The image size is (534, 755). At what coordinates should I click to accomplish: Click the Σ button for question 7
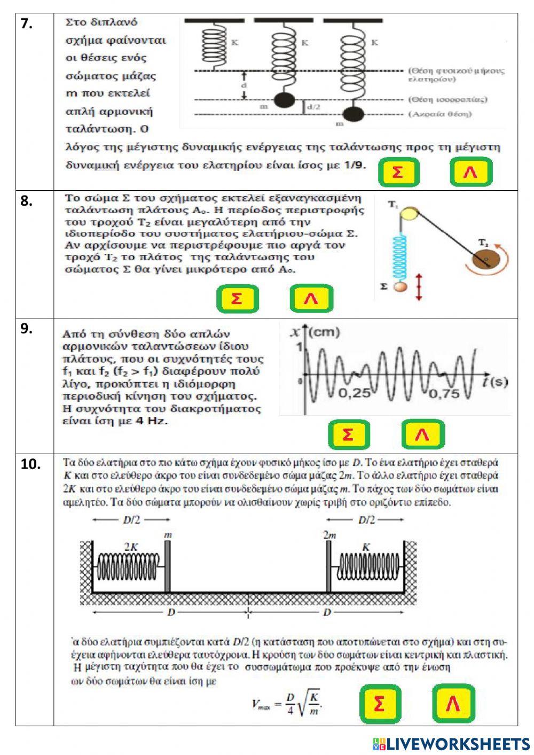click(x=398, y=172)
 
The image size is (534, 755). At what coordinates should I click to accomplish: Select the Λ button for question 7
click(x=470, y=172)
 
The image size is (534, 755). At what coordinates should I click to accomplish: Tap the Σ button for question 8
click(x=237, y=298)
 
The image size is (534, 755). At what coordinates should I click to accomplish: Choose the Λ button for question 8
click(x=311, y=298)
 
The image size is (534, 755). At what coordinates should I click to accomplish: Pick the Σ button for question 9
click(x=348, y=434)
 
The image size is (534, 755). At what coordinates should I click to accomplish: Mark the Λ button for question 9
click(x=422, y=434)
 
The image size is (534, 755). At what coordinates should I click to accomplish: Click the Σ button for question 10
click(x=380, y=704)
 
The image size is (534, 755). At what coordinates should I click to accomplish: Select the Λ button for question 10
click(x=453, y=704)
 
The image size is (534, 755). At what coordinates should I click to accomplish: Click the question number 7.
click(x=27, y=24)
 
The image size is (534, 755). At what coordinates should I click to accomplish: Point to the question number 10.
click(x=31, y=464)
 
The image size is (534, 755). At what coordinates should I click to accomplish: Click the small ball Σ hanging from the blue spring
click(x=400, y=287)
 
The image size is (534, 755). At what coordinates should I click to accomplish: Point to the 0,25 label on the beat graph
click(x=354, y=393)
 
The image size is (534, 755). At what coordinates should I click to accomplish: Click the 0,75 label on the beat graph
click(x=444, y=393)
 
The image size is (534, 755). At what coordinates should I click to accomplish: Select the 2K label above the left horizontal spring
click(x=131, y=547)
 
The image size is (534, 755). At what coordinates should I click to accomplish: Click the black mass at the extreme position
click(x=352, y=114)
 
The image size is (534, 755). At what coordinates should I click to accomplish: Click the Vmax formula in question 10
click(x=287, y=703)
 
